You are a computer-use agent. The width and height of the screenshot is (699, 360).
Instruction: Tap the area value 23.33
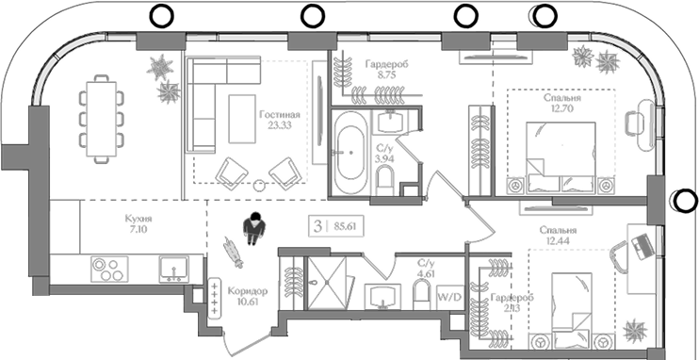pos(280,123)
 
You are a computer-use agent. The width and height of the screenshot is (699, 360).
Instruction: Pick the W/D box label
pos(449,297)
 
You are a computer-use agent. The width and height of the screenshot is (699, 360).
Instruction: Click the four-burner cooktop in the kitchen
pos(108,270)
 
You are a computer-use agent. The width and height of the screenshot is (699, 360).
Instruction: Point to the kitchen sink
pos(174,270)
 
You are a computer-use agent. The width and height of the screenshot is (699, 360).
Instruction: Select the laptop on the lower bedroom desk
pos(643,244)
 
